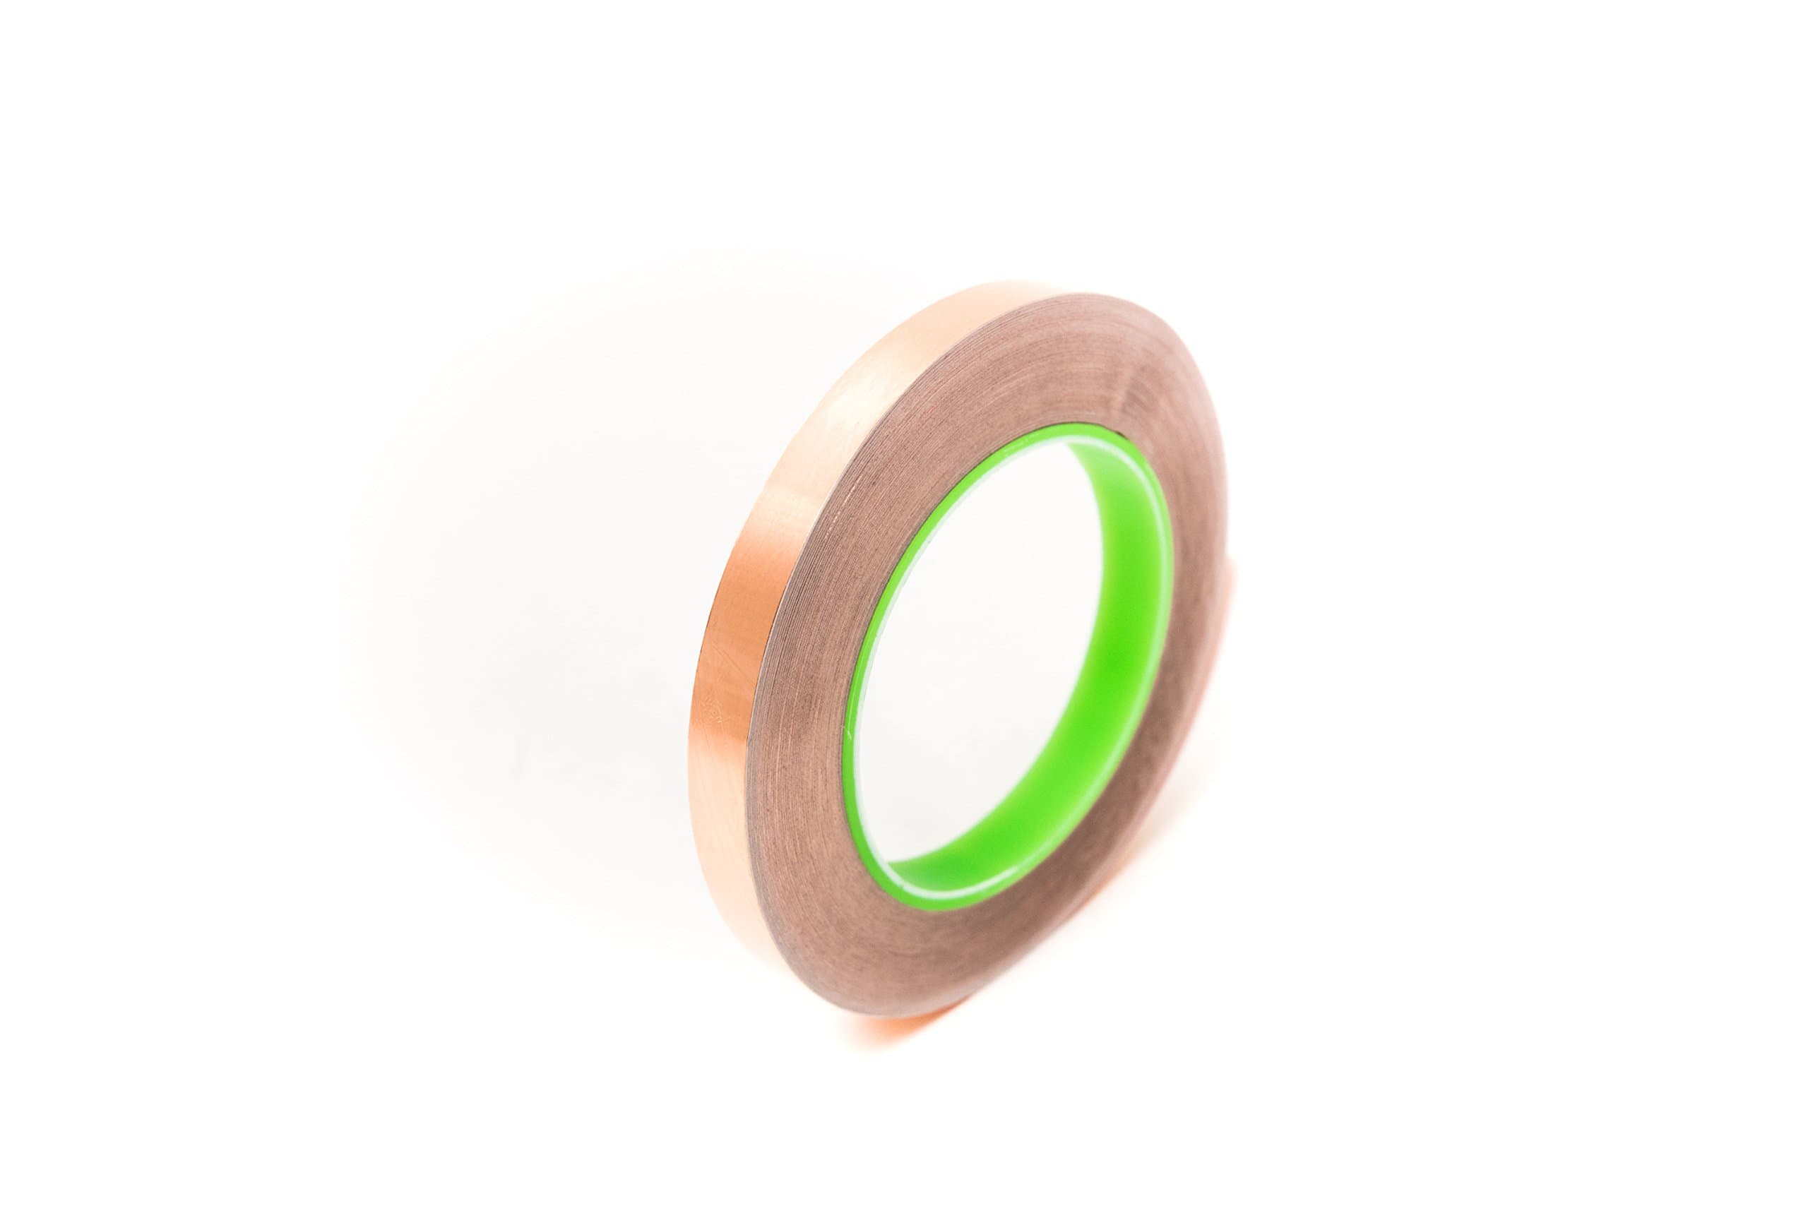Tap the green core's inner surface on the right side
tap(1146, 677)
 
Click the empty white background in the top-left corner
tap(115, 92)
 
